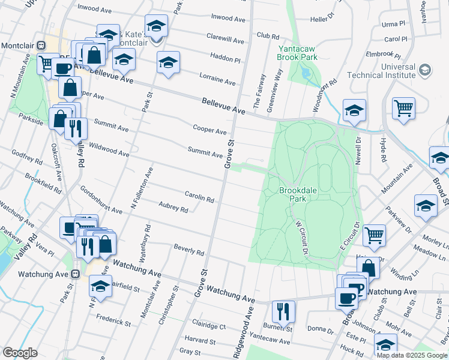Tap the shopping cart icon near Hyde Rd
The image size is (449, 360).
click(x=403, y=108)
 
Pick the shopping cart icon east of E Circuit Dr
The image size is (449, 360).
click(x=375, y=235)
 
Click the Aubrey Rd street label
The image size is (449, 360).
click(x=173, y=208)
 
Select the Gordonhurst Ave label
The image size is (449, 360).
click(x=101, y=199)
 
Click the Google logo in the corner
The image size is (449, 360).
click(x=20, y=352)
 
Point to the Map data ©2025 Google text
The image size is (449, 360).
click(x=411, y=355)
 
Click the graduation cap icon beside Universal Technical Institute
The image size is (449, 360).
click(x=424, y=70)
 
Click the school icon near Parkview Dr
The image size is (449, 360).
click(x=426, y=206)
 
